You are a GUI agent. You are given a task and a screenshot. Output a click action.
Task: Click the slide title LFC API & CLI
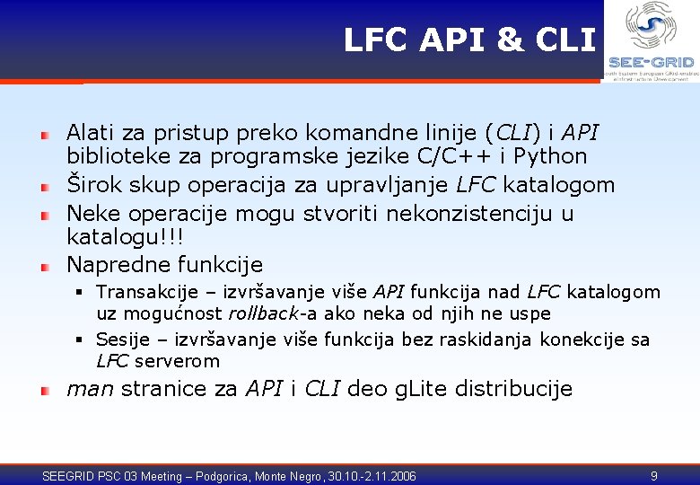coord(468,40)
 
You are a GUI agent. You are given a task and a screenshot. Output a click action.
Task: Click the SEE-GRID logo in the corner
coord(651,41)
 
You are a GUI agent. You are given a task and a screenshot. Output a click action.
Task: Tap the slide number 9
coord(654,474)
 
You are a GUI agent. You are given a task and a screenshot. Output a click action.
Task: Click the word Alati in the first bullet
coord(90,133)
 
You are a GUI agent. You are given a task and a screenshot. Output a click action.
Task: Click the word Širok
coord(92,185)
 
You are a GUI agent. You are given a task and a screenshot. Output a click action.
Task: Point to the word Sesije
coord(121,339)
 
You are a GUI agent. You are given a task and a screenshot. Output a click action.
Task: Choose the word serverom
coord(177,361)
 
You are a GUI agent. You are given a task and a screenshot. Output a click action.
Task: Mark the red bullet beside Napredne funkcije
coord(43,266)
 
